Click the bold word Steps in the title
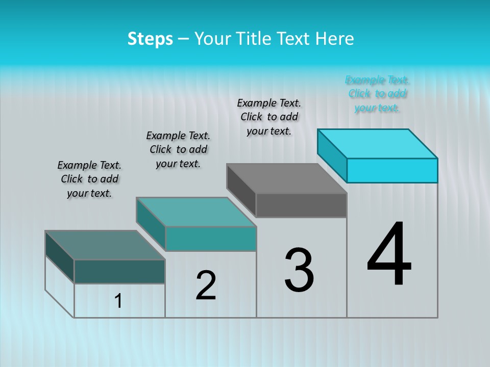pos(150,39)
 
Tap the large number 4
pos(389,255)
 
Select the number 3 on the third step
pos(299,270)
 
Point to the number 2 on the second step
pos(206,285)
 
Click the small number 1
pos(118,301)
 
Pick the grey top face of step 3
pos(287,178)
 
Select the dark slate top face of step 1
pos(105,245)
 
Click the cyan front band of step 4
pos(392,170)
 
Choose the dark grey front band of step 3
pos(301,205)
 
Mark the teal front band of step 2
pos(211,239)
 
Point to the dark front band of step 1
pos(119,271)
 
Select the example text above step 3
pos(269,117)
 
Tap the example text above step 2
pos(178,149)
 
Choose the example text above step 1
pos(89,179)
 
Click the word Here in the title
pos(335,39)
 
